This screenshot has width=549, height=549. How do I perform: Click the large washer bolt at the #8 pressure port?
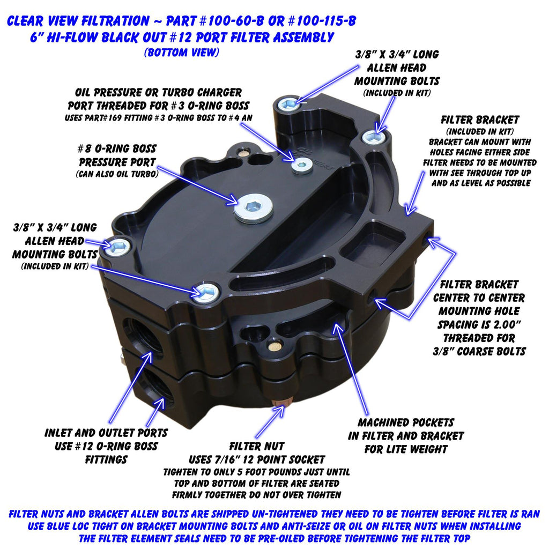coord(254,208)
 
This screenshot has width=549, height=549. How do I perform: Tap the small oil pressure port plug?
coord(302,165)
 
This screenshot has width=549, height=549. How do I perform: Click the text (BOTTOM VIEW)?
coord(182,53)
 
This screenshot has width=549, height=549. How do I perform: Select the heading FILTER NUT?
coord(257,447)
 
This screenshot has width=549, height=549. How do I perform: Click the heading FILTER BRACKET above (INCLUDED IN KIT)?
coord(480,120)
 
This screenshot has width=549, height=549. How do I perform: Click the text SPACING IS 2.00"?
coord(479,324)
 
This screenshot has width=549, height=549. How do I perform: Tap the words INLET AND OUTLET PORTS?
coord(106,433)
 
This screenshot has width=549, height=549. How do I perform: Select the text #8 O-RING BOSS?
coord(116,149)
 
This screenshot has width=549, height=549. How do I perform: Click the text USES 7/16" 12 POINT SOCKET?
coord(257,459)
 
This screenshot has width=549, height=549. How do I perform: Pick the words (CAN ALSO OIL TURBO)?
coord(117,174)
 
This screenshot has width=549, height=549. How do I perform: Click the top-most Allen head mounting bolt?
coord(289,103)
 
